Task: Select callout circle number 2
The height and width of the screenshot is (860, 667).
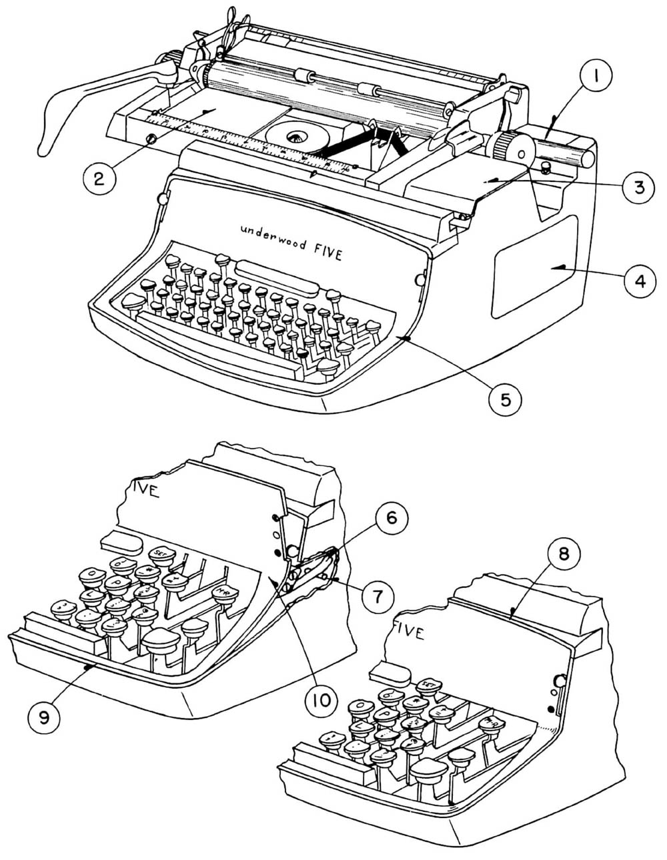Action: (99, 178)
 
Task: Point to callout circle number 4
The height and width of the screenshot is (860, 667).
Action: (638, 281)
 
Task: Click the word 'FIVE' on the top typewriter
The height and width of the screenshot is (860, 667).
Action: (327, 251)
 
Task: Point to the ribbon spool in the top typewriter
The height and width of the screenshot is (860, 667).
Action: (293, 137)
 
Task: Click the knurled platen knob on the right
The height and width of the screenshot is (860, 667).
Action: (511, 147)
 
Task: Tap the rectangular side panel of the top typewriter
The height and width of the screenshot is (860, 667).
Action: (534, 267)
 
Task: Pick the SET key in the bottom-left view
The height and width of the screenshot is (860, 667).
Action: (161, 553)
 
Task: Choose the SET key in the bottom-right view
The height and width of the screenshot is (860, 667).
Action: (427, 686)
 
